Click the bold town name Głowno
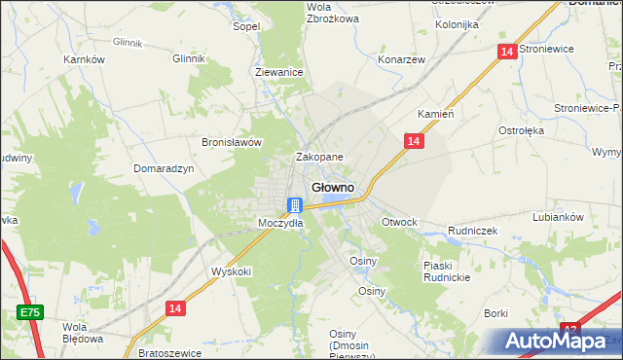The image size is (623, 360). click(331, 187)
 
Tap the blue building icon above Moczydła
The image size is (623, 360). click(295, 205)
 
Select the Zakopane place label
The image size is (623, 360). click(319, 157)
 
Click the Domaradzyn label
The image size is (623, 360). click(164, 167)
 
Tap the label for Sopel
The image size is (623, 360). click(245, 26)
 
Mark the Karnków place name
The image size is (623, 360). click(84, 59)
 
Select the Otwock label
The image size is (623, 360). click(399, 222)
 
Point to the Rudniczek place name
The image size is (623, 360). click(473, 231)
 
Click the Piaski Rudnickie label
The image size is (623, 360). click(447, 271)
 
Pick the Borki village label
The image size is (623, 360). click(496, 313)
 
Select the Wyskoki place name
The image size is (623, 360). click(232, 271)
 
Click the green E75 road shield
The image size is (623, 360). click(29, 311)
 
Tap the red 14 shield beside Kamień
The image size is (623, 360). click(414, 142)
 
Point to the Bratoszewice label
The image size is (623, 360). click(169, 351)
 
